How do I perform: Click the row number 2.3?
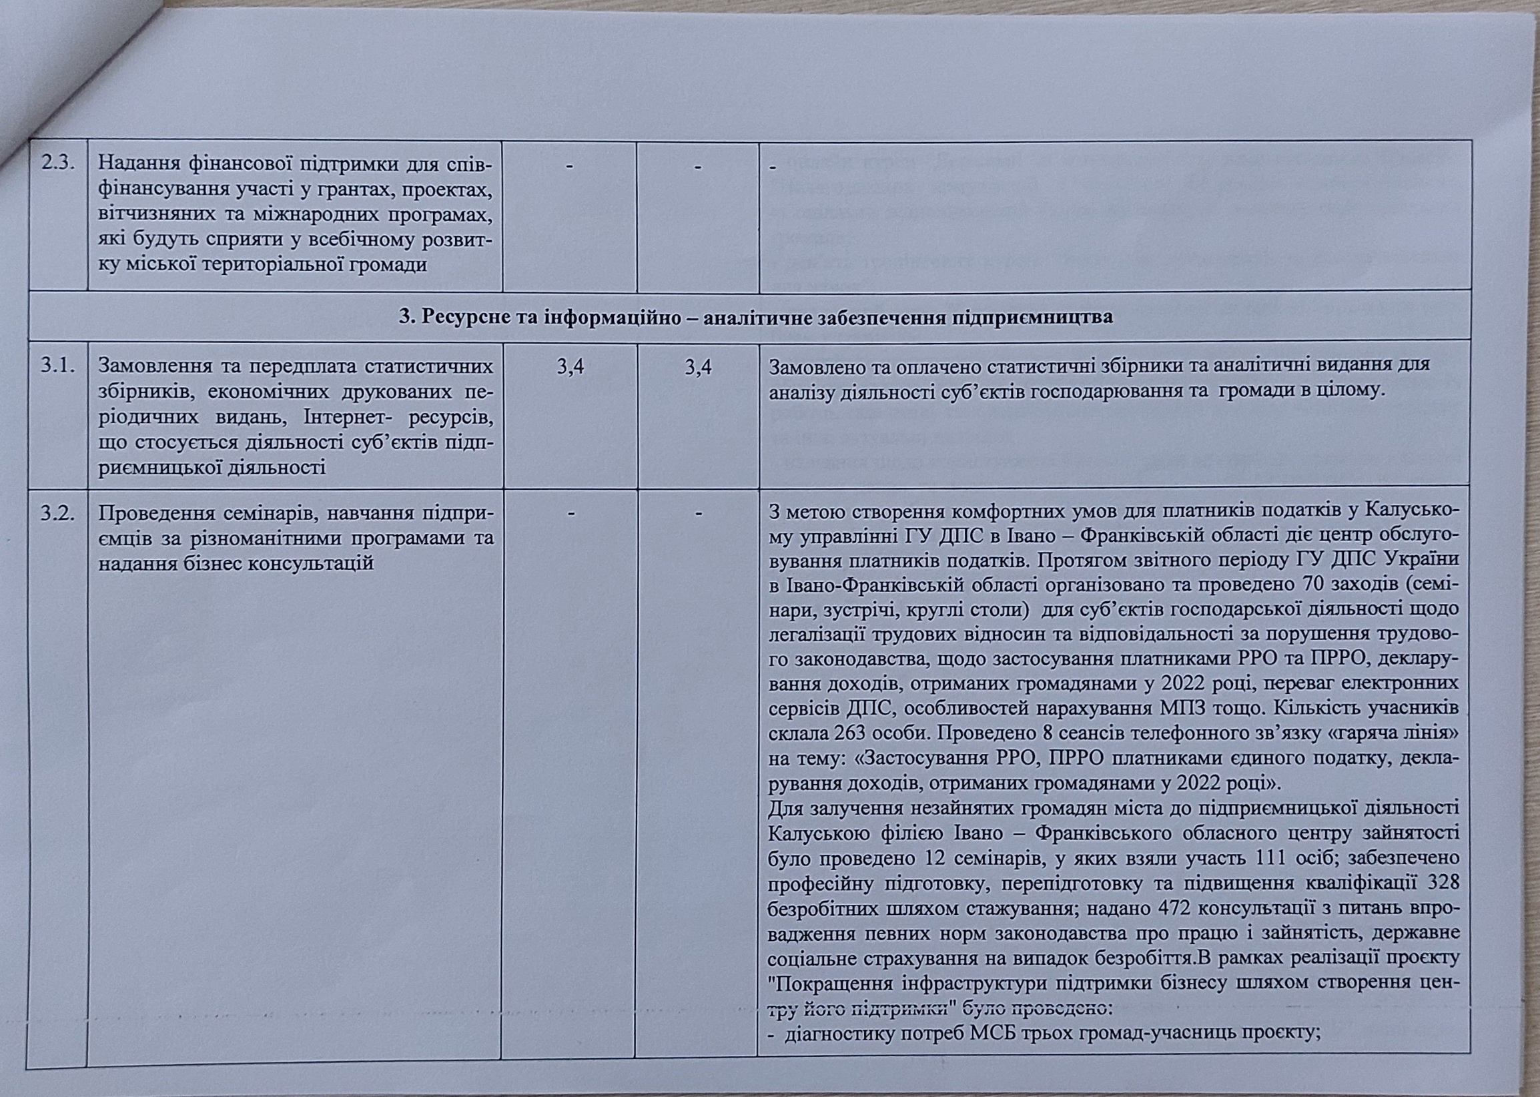point(59,163)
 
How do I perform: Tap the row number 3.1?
point(58,366)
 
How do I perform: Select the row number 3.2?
point(57,513)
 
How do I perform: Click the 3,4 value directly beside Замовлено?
point(698,367)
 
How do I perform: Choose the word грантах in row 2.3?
point(356,190)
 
